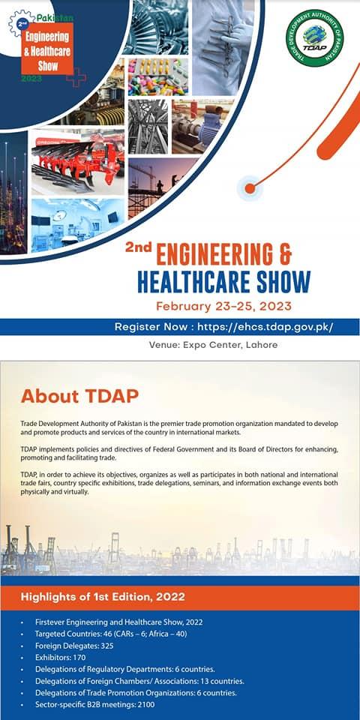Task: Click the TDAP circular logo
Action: (x=314, y=37)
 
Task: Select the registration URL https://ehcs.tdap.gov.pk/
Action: (x=265, y=327)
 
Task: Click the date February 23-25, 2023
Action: (x=223, y=306)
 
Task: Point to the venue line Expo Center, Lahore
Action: (x=213, y=344)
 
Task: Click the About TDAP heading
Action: (x=79, y=396)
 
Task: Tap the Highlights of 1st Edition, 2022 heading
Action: (x=103, y=598)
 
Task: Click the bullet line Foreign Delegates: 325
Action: (x=74, y=646)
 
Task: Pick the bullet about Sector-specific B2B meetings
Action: (x=95, y=704)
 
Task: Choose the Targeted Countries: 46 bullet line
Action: (x=111, y=634)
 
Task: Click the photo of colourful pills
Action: (x=158, y=76)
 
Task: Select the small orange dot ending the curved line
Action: (x=250, y=188)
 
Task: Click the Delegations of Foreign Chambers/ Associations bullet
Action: (x=139, y=681)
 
